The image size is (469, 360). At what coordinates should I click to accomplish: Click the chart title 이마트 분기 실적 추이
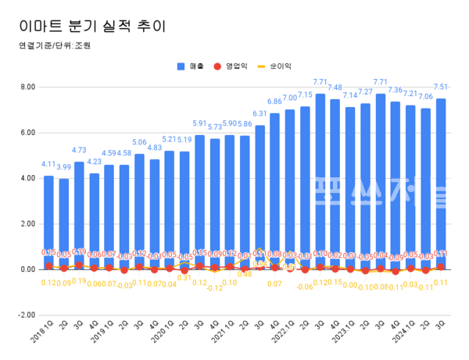tap(94, 23)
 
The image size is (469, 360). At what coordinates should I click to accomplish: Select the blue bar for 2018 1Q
tap(48, 219)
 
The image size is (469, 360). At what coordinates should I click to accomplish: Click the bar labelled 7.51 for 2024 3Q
tap(441, 180)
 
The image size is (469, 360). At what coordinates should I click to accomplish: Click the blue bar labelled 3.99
tap(63, 223)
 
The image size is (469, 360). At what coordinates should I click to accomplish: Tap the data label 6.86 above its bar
tap(274, 102)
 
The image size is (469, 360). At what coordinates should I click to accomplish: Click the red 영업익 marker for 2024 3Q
tap(441, 267)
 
